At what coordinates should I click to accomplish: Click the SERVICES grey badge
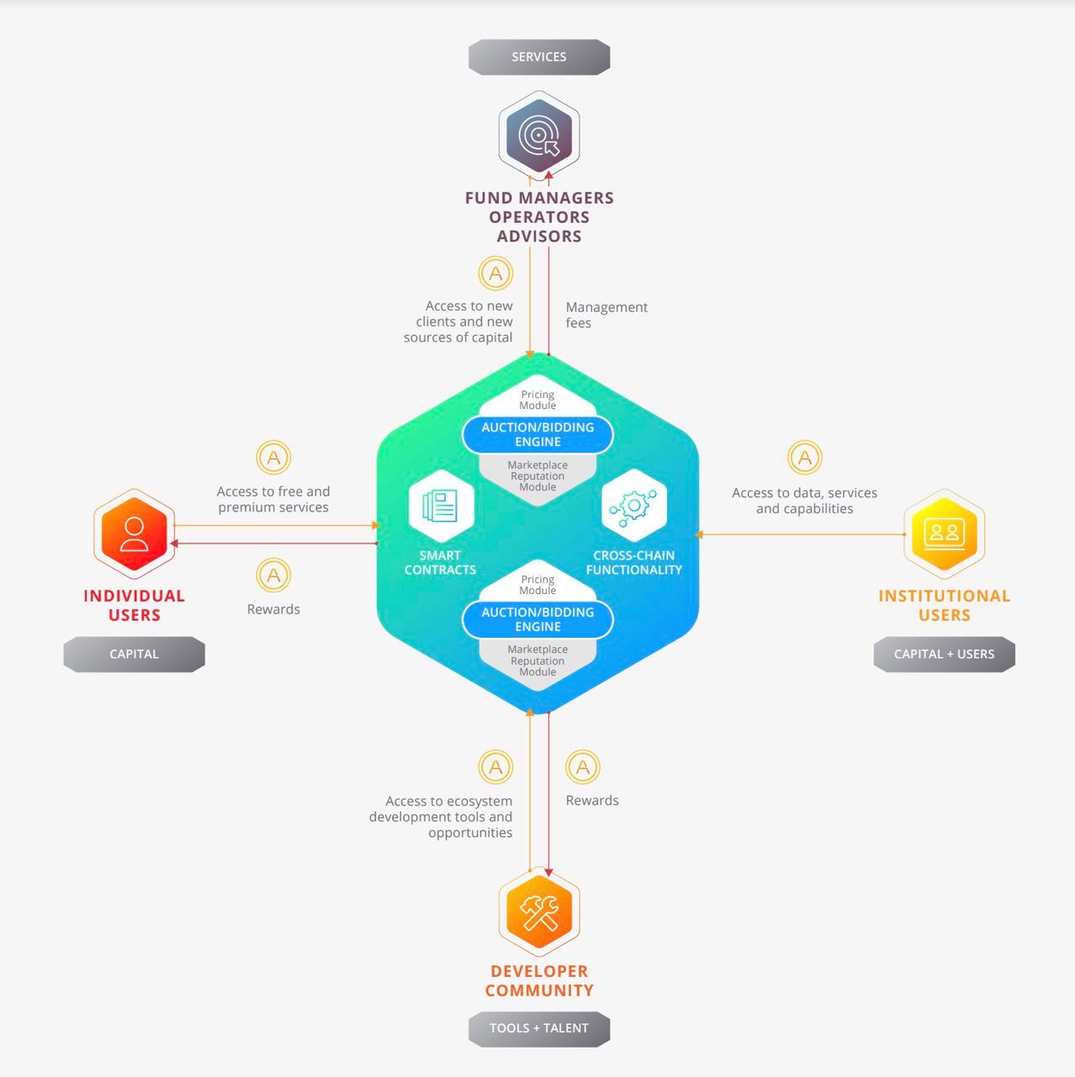tap(538, 57)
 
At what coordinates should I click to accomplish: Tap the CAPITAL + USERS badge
tap(944, 654)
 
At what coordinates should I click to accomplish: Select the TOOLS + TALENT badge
tap(538, 1028)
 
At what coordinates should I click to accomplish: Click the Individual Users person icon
tap(134, 534)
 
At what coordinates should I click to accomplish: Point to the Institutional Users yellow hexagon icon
tap(944, 534)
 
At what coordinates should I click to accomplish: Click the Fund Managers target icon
tap(538, 135)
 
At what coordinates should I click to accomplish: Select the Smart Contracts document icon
tap(441, 506)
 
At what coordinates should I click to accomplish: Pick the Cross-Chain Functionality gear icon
tap(633, 506)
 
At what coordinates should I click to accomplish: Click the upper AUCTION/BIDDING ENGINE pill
tap(537, 434)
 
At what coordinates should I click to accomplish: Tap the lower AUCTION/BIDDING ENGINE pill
tap(537, 619)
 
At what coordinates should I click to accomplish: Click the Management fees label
tap(606, 315)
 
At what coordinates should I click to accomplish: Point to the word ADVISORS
tap(538, 236)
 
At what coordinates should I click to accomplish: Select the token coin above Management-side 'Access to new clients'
tap(495, 273)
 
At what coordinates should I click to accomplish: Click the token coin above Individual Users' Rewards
tap(273, 576)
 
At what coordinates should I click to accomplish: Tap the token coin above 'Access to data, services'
tap(805, 458)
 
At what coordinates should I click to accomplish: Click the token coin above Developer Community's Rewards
tap(583, 767)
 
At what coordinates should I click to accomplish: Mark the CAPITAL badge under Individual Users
tap(134, 654)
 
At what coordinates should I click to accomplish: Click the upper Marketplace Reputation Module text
tap(537, 475)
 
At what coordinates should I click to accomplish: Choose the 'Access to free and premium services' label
tap(273, 499)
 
